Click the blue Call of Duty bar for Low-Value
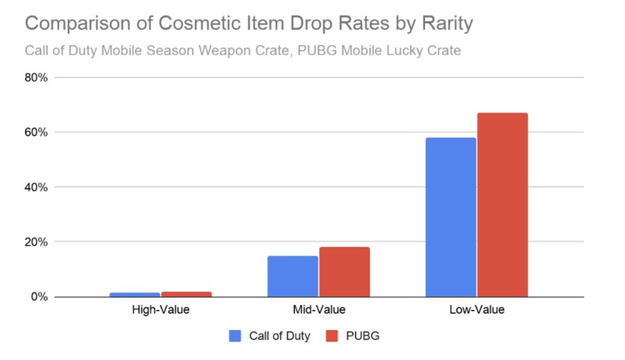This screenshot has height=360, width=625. point(451,217)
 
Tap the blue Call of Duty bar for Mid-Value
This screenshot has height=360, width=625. point(292,276)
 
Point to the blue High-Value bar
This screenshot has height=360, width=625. point(134,294)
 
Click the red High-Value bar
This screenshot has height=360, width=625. point(186,294)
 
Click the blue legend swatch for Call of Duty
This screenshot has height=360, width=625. point(234,336)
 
